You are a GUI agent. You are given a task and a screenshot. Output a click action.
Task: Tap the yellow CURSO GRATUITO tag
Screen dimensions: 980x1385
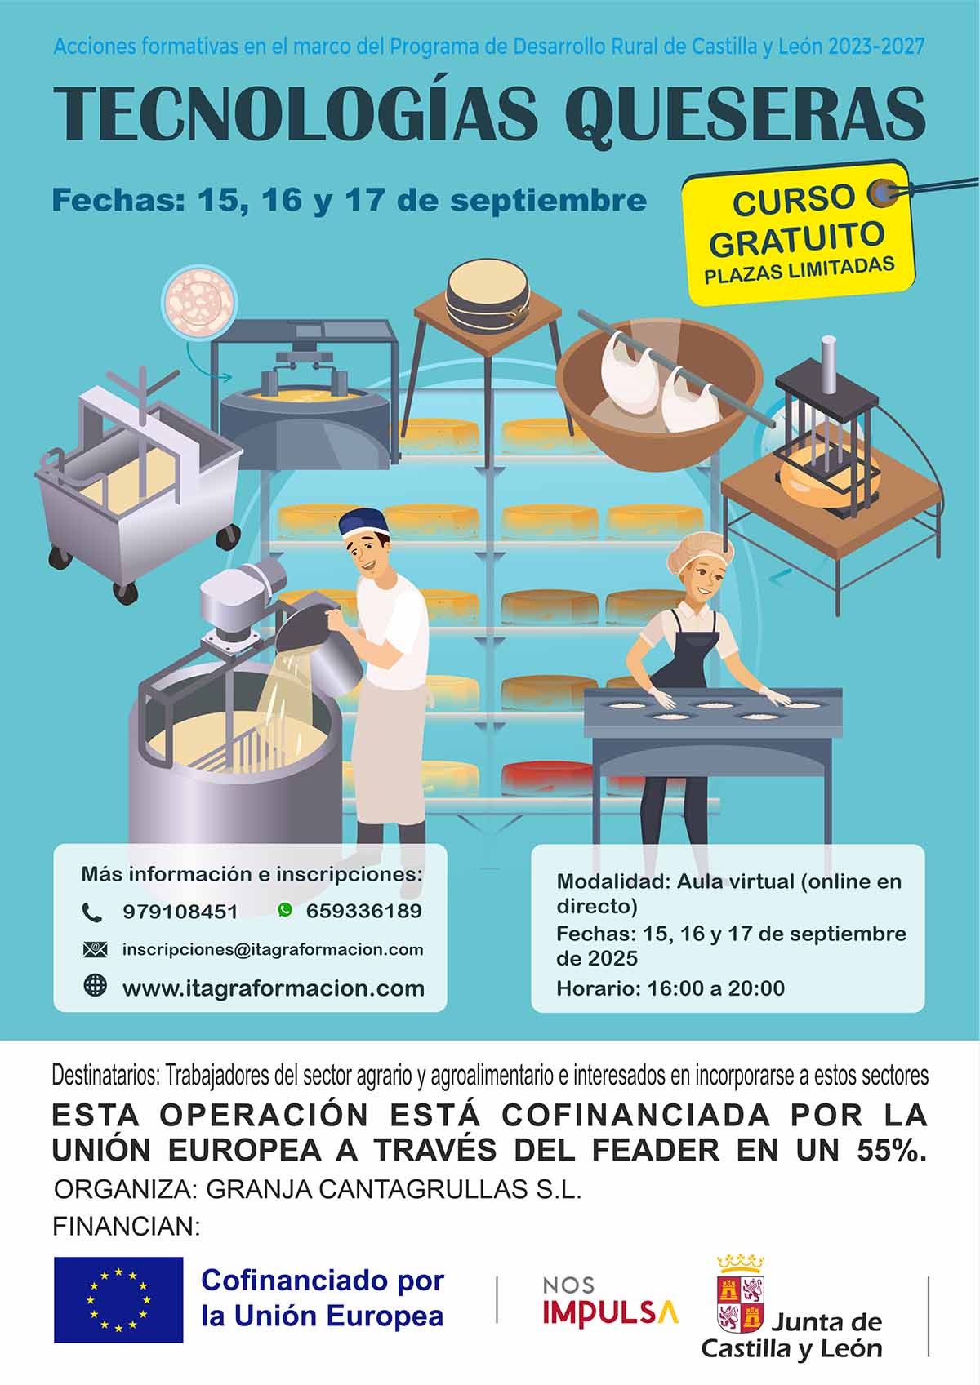pyautogui.click(x=798, y=233)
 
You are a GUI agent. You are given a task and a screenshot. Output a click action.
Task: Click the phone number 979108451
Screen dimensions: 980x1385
pyautogui.click(x=180, y=912)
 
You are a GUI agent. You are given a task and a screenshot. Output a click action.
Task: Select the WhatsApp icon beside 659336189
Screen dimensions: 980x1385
pyautogui.click(x=285, y=909)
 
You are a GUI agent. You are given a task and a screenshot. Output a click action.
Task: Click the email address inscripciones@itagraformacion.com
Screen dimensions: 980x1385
pyautogui.click(x=273, y=950)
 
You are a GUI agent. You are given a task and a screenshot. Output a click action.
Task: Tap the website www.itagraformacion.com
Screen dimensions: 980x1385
pyautogui.click(x=274, y=988)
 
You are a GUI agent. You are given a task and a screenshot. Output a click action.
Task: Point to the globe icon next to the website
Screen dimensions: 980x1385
pyautogui.click(x=95, y=985)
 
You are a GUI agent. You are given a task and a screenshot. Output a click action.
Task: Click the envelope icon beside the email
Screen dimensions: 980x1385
pyautogui.click(x=95, y=950)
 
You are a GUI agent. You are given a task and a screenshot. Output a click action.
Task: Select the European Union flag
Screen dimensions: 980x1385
pyautogui.click(x=118, y=1299)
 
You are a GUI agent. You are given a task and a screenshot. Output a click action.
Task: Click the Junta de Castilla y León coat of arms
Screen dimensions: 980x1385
pyautogui.click(x=741, y=1294)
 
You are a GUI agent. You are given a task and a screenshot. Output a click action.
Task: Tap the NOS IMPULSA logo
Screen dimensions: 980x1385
pyautogui.click(x=610, y=1302)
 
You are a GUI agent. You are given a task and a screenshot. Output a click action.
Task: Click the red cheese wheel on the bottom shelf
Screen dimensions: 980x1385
pyautogui.click(x=546, y=777)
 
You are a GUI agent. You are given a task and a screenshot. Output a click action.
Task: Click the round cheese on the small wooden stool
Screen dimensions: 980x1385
pyautogui.click(x=488, y=295)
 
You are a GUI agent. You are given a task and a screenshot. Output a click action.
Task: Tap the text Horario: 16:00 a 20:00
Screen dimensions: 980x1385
pyautogui.click(x=670, y=988)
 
